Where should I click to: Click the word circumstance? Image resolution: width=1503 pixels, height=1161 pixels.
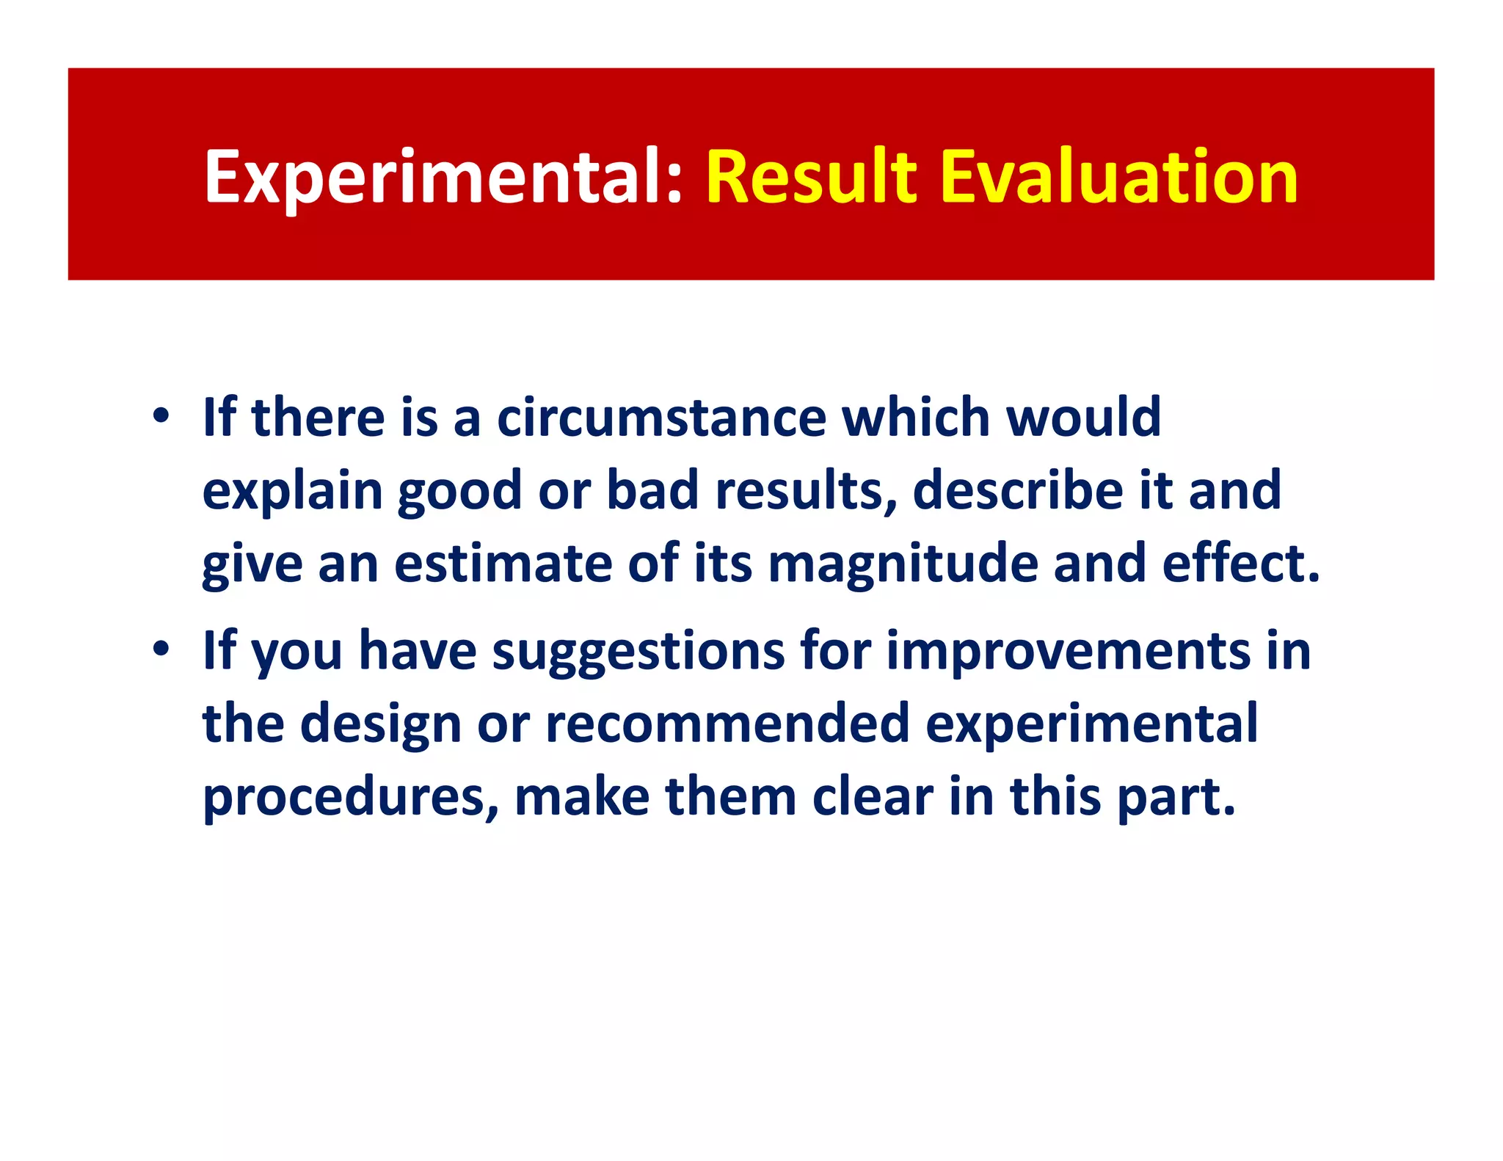pos(661,417)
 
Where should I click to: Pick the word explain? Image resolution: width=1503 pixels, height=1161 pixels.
pos(292,491)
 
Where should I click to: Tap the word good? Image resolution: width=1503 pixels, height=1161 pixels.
pos(459,491)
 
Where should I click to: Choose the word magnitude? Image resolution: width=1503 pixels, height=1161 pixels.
pos(902,564)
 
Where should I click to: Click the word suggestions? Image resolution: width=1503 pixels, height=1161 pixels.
pos(638,652)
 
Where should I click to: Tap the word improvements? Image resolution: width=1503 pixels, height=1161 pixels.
pos(1067,650)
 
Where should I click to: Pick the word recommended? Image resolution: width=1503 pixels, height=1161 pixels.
pos(727,723)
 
